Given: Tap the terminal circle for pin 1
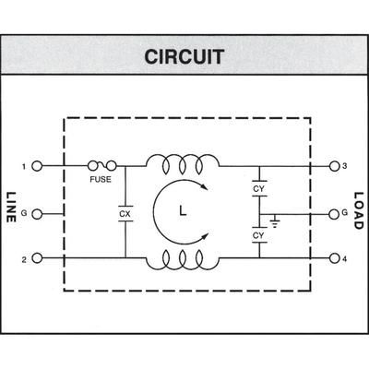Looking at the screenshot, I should [x=37, y=166].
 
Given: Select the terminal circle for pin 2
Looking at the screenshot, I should [x=37, y=260].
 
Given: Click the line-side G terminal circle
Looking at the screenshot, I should [x=37, y=213].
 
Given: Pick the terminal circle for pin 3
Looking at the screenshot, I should [x=333, y=166].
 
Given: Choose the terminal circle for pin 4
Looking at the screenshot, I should [x=333, y=260].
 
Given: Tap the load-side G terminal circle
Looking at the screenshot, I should [x=333, y=213].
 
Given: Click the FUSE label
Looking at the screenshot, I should [x=101, y=180].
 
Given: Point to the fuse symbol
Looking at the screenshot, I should [x=101, y=166].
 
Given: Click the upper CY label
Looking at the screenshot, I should [x=259, y=189].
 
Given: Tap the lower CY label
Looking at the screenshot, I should [x=259, y=236].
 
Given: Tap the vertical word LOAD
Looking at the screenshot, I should [x=358, y=213].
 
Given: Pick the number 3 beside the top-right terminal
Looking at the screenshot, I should [x=344, y=166].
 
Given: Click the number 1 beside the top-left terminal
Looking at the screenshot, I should [x=25, y=166].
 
